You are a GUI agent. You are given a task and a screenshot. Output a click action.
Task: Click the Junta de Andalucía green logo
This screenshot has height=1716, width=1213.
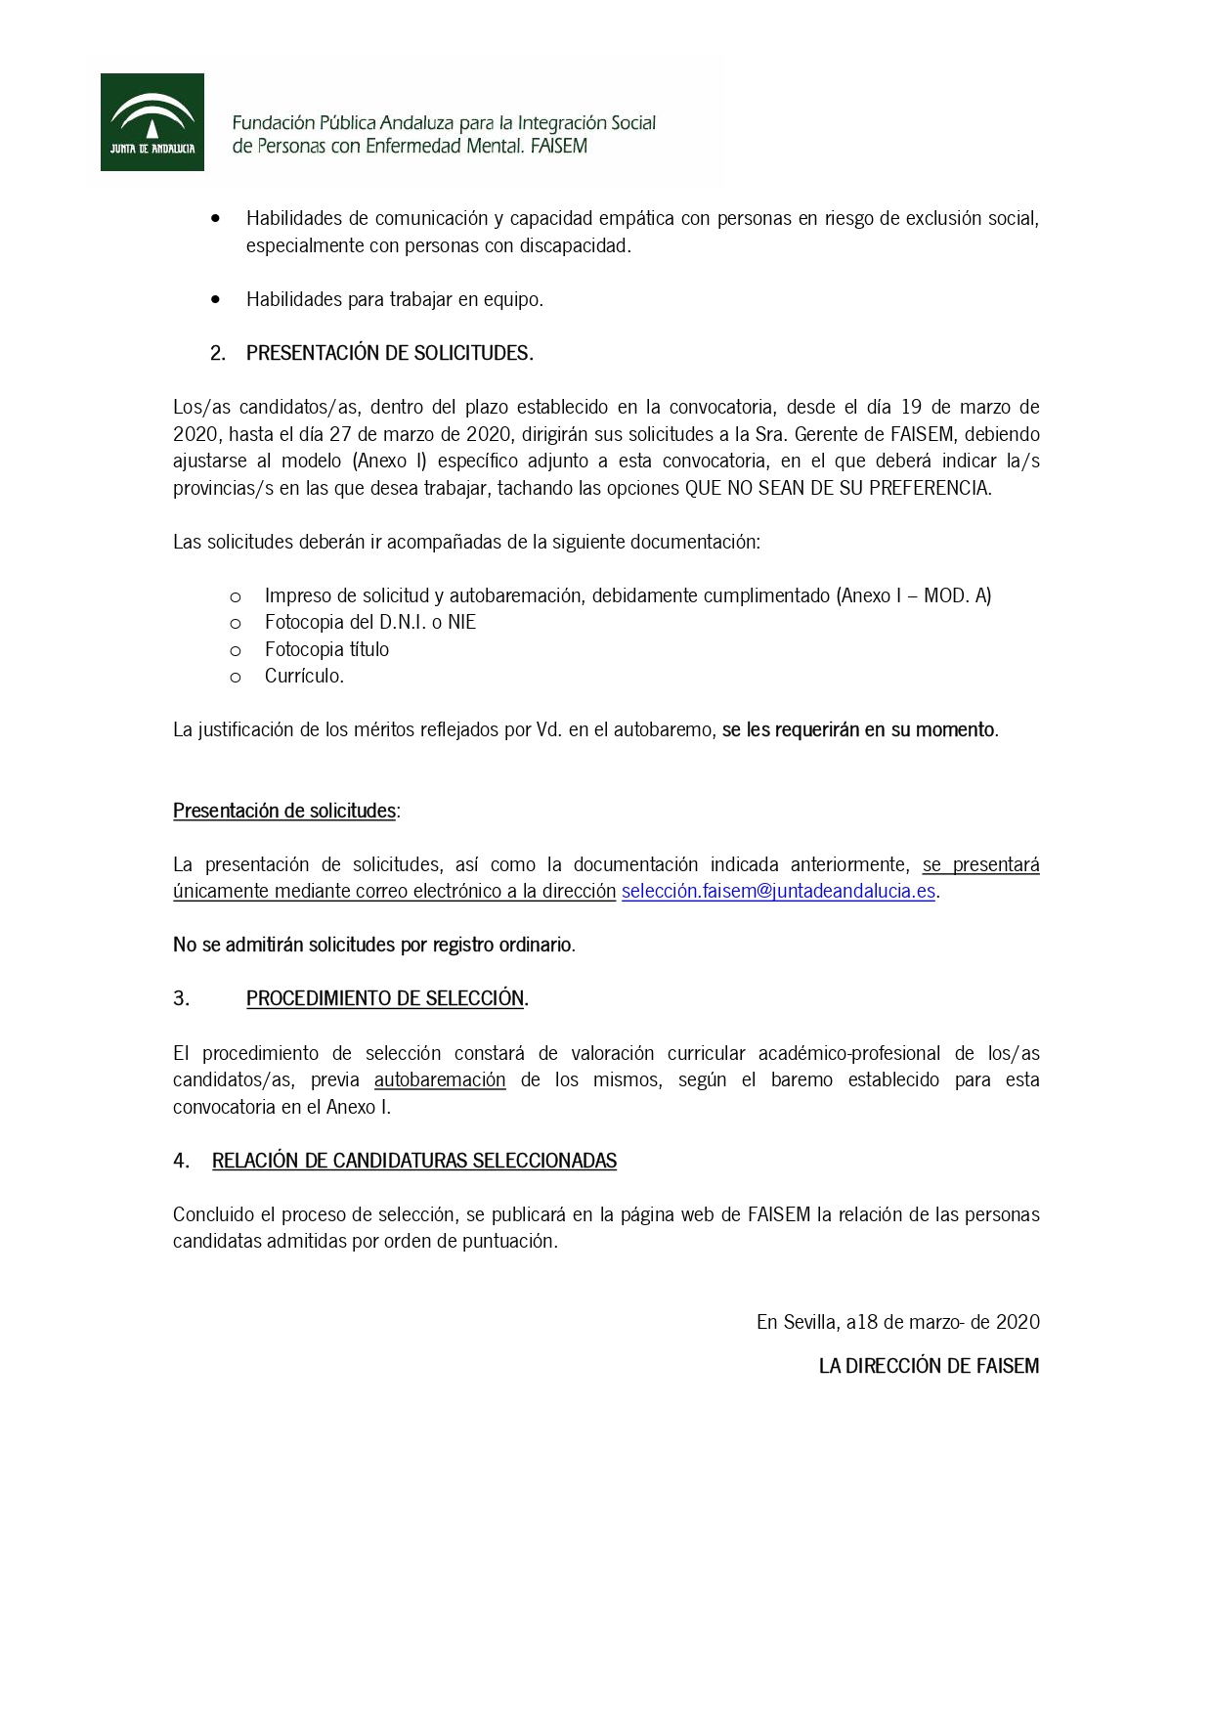pos(152,122)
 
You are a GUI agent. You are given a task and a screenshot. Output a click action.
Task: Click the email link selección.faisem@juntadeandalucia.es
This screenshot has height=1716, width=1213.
pos(778,892)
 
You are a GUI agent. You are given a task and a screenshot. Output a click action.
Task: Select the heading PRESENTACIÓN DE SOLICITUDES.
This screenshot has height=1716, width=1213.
pos(389,353)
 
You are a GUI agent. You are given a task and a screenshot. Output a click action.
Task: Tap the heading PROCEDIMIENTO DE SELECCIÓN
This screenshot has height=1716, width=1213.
pos(385,998)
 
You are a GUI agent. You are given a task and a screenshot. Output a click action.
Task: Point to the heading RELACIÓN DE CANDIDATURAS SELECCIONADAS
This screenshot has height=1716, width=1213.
pos(413,1161)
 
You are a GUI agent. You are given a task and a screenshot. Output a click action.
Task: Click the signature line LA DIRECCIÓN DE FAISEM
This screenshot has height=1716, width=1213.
pos(929,1366)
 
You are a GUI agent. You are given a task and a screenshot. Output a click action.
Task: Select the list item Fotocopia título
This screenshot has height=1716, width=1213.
pos(326,649)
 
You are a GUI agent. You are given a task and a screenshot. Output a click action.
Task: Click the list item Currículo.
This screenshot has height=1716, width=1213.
pos(304,676)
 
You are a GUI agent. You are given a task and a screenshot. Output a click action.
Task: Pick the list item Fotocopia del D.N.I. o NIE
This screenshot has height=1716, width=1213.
pos(369,622)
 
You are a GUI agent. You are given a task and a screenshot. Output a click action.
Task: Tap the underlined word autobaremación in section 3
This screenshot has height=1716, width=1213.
pos(440,1079)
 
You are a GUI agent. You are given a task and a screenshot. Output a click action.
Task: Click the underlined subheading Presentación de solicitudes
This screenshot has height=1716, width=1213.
pos(284,811)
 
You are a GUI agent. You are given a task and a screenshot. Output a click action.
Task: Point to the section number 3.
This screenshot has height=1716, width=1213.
pos(181,998)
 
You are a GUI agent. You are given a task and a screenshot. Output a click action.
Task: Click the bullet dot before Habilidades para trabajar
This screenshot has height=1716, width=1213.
pos(216,299)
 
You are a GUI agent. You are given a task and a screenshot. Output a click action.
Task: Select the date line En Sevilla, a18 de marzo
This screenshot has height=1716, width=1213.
pos(897,1322)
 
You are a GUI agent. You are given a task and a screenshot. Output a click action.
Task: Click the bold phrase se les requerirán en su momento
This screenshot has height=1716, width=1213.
pos(859,729)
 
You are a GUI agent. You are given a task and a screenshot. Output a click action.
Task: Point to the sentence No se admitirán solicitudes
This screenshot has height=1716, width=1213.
pos(373,945)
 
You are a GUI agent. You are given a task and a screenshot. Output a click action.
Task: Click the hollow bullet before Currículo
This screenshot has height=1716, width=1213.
pos(236,677)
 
